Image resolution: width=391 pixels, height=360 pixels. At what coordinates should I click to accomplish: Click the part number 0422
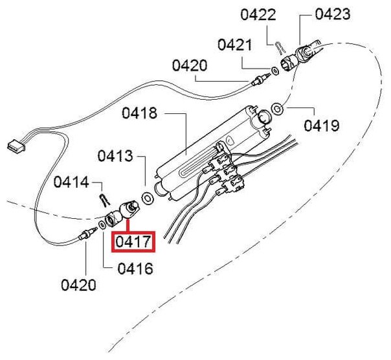pyautogui.click(x=276, y=14)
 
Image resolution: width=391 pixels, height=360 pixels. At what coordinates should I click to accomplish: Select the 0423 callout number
pyautogui.click(x=333, y=14)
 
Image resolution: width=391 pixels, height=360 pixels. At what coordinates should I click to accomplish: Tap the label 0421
pyautogui.click(x=235, y=45)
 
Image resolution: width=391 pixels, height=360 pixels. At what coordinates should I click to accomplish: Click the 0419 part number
pyautogui.click(x=321, y=124)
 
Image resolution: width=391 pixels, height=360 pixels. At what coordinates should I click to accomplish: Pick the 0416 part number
pyautogui.click(x=135, y=268)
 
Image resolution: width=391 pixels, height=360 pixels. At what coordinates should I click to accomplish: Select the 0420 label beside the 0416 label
pyautogui.click(x=79, y=284)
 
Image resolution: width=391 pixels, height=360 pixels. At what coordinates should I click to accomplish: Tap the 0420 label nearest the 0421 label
pyautogui.click(x=190, y=65)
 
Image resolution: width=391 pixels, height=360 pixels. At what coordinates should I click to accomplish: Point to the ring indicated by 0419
pyautogui.click(x=278, y=107)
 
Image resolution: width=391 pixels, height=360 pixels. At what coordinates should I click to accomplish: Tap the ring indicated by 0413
pyautogui.click(x=147, y=197)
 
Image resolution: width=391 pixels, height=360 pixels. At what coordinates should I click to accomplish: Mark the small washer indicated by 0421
pyautogui.click(x=274, y=69)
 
